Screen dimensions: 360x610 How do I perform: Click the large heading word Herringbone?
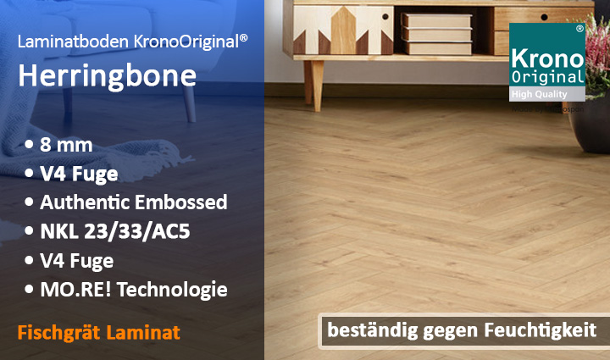click(107, 75)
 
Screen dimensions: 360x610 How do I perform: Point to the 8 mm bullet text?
click(65, 145)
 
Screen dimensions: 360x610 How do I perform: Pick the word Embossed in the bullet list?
click(182, 202)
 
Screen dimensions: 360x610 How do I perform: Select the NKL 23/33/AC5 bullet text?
click(114, 231)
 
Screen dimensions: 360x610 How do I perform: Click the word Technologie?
click(177, 290)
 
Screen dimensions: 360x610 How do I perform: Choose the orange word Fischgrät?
click(57, 332)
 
